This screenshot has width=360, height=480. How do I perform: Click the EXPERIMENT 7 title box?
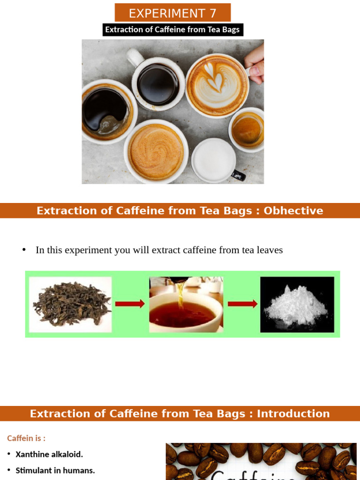coord(172,13)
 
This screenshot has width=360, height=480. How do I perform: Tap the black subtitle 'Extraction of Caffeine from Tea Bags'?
coord(172,30)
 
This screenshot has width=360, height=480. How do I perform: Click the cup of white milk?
coord(214,161)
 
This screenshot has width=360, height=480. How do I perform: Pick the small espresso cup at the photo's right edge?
coord(247,129)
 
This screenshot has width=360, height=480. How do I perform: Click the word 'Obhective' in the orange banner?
coord(293,210)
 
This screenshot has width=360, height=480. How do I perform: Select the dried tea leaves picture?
coord(71,304)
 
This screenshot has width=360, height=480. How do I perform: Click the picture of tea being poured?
coord(186,304)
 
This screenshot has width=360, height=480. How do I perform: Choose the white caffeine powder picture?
coord(297,304)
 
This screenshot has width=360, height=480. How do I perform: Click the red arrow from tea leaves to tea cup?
coord(130,304)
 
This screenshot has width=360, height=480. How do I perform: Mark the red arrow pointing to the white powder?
coord(242,304)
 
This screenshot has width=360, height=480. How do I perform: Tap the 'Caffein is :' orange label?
coord(26,438)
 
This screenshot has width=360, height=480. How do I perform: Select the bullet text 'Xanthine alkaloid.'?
coord(49,454)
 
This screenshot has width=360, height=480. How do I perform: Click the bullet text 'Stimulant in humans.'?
coord(55,470)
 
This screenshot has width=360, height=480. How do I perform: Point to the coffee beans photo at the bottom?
coord(261,462)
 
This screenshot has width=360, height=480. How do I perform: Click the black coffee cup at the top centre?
coord(158,84)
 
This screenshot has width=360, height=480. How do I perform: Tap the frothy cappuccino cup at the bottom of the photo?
coord(156,151)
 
